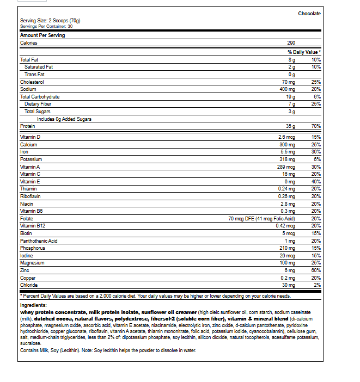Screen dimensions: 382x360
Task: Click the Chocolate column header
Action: point(309,14)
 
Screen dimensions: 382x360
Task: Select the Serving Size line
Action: point(50,21)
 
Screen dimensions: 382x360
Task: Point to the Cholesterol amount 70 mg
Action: point(288,82)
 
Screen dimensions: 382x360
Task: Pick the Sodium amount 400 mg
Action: point(287,89)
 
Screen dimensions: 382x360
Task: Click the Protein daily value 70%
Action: point(316,126)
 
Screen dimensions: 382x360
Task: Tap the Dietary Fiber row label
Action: point(38,104)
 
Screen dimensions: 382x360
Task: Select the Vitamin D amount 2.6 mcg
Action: point(286,137)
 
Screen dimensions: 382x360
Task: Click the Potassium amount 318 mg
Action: point(287,159)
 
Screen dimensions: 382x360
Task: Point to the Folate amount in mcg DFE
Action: point(262,218)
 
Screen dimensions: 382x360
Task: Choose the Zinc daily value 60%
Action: point(316,270)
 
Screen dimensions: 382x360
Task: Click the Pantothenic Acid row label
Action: point(39,241)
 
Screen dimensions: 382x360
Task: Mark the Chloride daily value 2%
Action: point(318,285)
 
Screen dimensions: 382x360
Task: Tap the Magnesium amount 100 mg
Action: point(287,263)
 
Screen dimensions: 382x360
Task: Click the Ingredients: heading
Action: point(33,306)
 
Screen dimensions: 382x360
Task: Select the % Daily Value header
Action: point(304,52)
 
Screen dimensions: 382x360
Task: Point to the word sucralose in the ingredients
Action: point(31,343)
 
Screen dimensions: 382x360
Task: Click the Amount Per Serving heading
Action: point(42,35)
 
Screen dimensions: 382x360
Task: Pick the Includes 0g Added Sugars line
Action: point(64,119)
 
